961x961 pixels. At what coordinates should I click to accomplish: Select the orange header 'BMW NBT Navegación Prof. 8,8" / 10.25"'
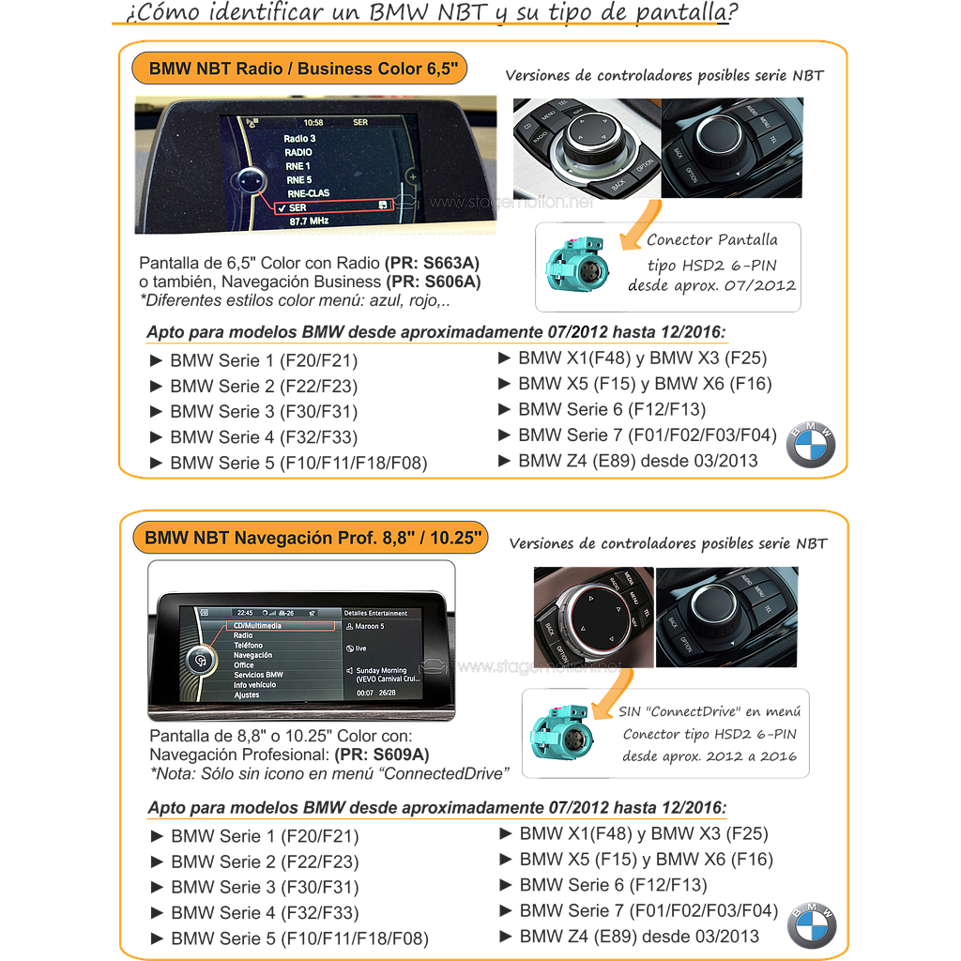(313, 538)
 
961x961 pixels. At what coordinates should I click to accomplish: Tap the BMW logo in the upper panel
(810, 443)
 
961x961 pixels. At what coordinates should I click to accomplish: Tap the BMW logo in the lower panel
(811, 923)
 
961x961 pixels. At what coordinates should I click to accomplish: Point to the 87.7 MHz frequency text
(308, 221)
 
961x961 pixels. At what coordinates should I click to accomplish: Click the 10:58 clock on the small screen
(313, 123)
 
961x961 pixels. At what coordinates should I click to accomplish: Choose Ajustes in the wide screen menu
(247, 695)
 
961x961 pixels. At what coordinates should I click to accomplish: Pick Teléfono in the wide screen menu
(249, 646)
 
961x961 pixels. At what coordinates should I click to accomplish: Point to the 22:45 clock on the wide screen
(245, 612)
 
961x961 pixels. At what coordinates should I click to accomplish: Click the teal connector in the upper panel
(569, 266)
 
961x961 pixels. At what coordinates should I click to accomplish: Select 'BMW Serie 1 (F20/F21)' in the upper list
(263, 360)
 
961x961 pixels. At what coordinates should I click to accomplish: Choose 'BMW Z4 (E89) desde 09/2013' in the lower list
(639, 936)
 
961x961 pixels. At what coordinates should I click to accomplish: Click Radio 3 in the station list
(299, 138)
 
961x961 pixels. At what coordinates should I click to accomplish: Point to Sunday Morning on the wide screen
(381, 671)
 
